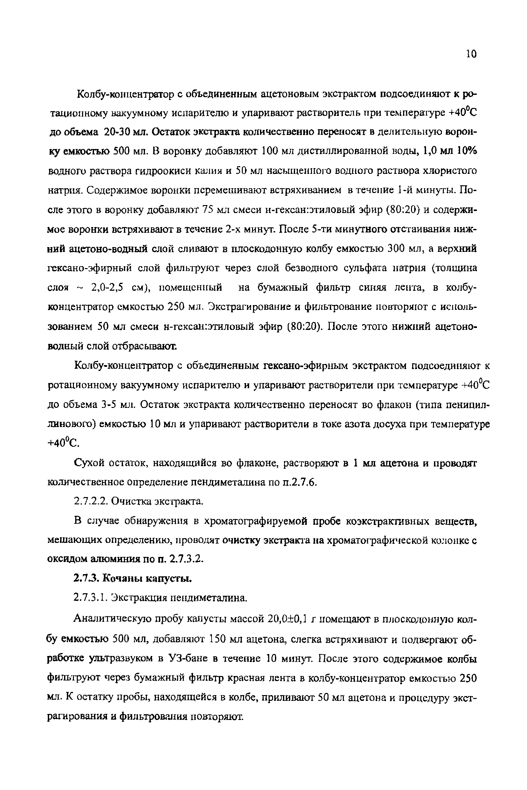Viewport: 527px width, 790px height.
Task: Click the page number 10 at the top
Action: pyautogui.click(x=472, y=54)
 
